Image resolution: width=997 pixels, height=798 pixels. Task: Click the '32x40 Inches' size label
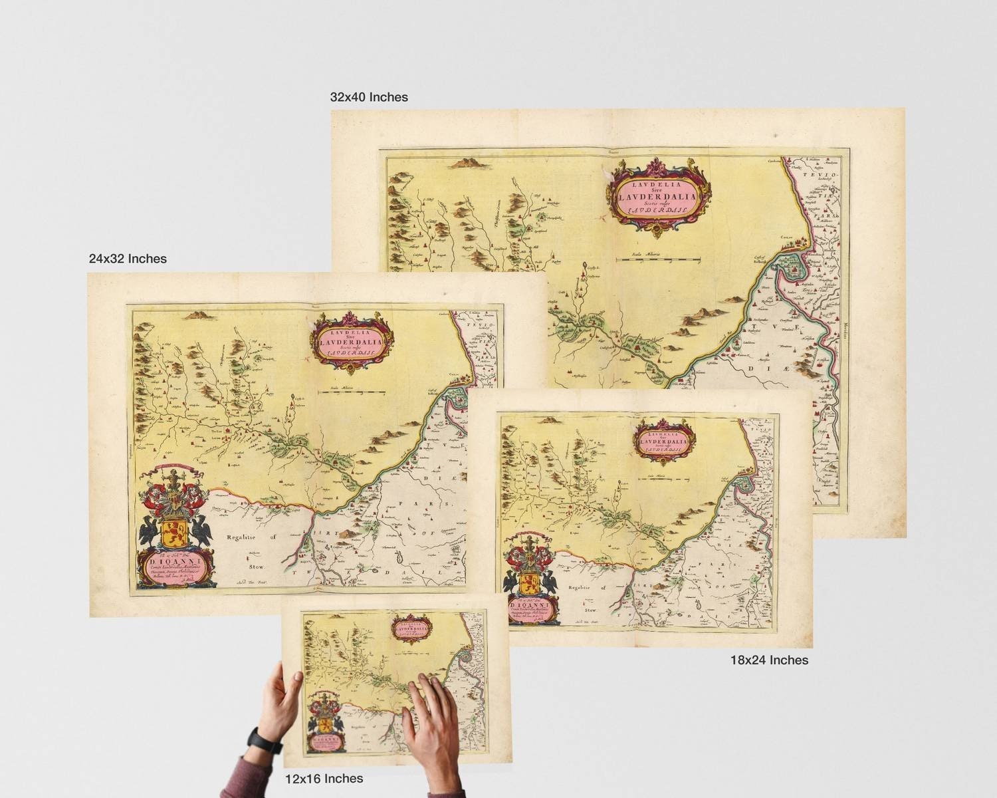coord(369,97)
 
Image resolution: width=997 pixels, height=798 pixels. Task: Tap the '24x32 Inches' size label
coord(128,258)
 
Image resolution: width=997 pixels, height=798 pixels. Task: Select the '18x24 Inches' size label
coord(769,660)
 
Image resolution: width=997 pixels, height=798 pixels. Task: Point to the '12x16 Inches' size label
coord(324,778)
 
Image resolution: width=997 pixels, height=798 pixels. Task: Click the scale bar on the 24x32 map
coord(350,392)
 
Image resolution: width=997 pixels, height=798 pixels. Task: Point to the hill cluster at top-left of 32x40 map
coord(467,162)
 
